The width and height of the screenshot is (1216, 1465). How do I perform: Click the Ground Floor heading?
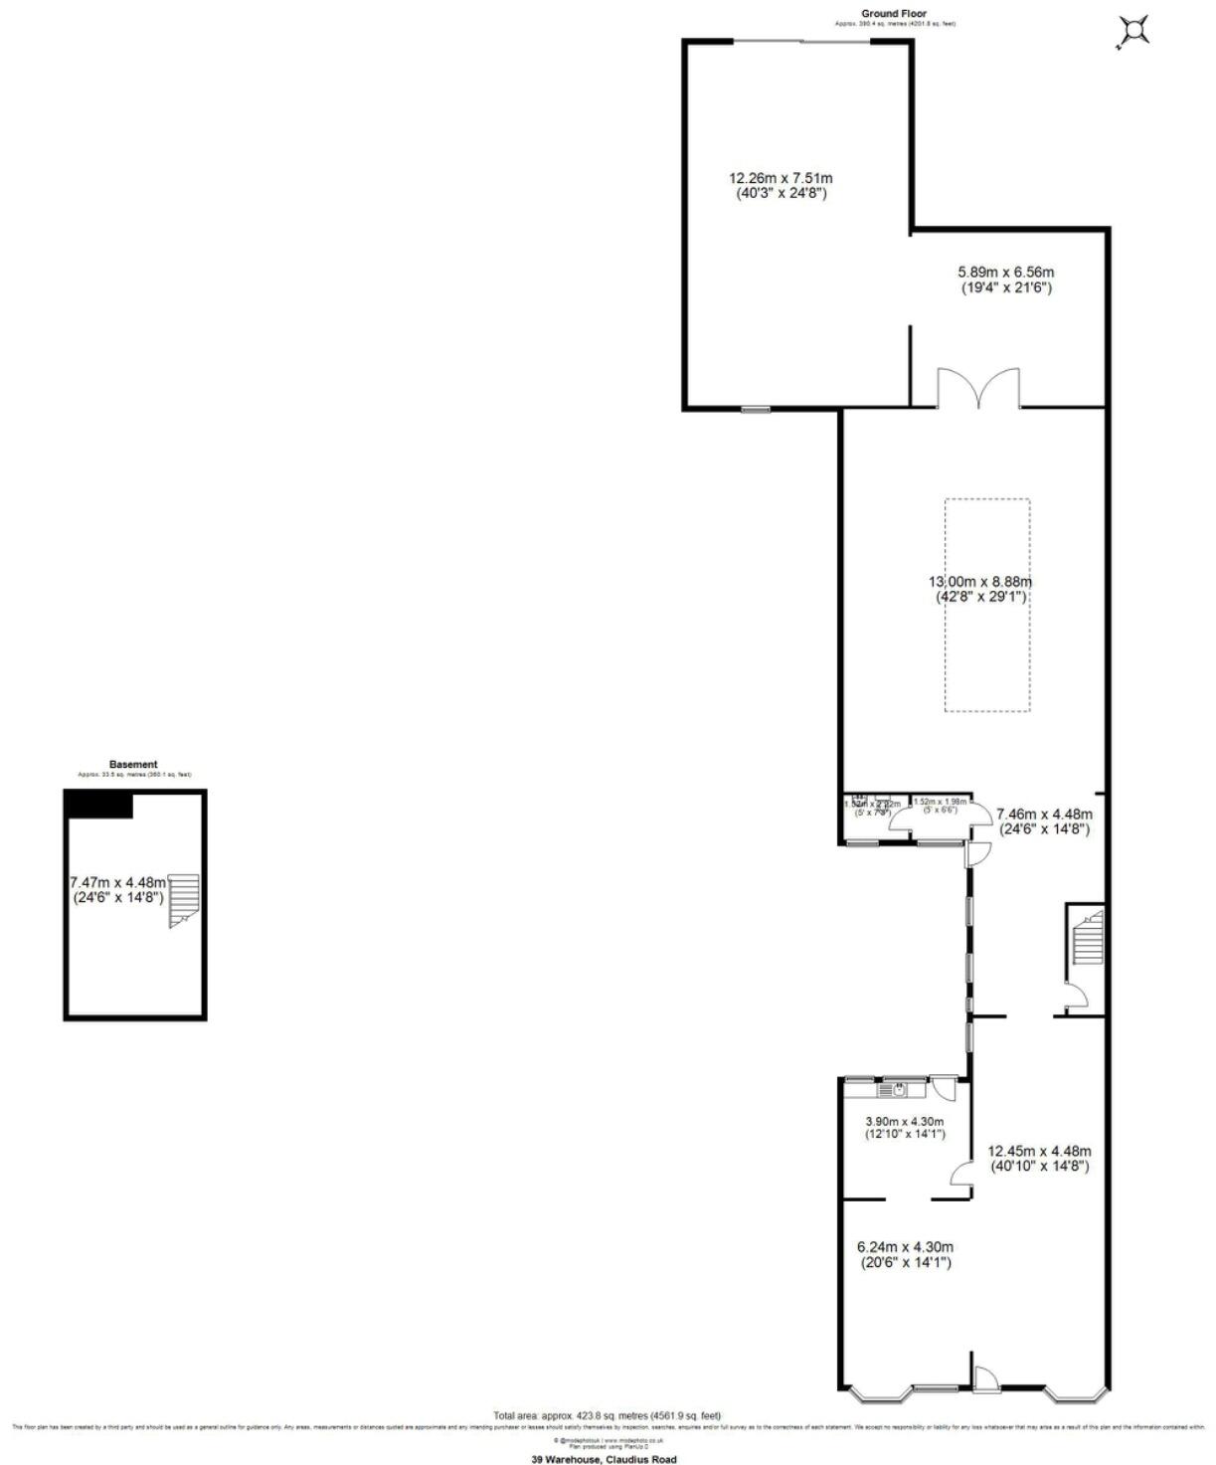pos(866,14)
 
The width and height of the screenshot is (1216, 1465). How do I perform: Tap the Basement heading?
pos(133,765)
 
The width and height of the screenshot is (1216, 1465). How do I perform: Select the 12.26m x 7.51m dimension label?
pos(780,186)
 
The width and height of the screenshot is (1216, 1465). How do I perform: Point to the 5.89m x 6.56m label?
pos(1005,279)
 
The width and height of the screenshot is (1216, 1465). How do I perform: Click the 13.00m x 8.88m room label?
pos(980,590)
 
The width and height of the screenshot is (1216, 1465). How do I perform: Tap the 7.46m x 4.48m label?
pos(1043,821)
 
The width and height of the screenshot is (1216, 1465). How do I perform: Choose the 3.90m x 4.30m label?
pos(904,1127)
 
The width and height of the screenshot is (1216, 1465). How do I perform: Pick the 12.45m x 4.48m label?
pos(1038,1159)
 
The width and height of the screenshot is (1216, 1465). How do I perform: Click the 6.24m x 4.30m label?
pos(905,1254)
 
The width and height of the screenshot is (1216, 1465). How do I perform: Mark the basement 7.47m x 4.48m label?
pos(117,889)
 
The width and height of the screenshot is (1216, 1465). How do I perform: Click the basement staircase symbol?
pos(184,900)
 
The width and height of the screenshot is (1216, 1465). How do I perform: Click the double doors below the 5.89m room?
pos(978,389)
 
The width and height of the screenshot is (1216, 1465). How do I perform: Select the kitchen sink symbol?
pos(899,1090)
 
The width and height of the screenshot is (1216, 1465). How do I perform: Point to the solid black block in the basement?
pos(98,805)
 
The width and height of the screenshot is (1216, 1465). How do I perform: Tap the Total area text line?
pos(607,1415)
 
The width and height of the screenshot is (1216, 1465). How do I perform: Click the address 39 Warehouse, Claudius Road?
pos(604,1459)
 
